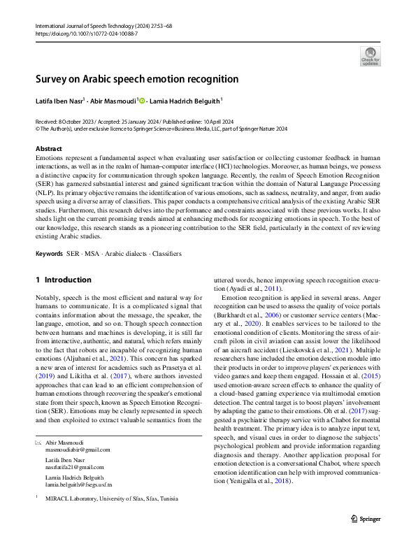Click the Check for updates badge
pyautogui.click(x=370, y=55)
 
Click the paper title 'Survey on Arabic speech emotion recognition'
pyautogui.click(x=137, y=79)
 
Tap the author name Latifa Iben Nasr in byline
pyautogui.click(x=59, y=101)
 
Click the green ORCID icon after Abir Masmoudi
pyautogui.click(x=143, y=101)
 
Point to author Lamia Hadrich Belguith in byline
pyautogui.click(x=184, y=101)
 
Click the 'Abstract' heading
pyautogui.click(x=49, y=149)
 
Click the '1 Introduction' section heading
pyautogui.click(x=64, y=280)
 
